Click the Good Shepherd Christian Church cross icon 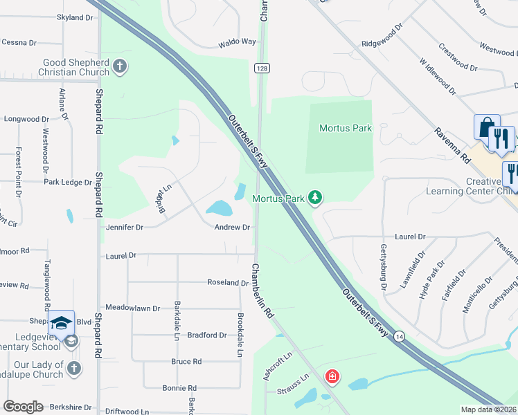[x=120, y=66]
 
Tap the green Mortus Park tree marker [x=315, y=199]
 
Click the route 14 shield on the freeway [x=400, y=336]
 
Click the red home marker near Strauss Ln [x=332, y=377]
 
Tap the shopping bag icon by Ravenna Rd [x=485, y=127]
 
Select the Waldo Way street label [x=237, y=42]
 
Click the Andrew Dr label [x=231, y=227]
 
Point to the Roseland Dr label [x=228, y=282]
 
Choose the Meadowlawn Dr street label [x=132, y=308]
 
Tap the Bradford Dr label [x=207, y=335]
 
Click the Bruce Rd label [x=186, y=361]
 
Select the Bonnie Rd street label [x=179, y=388]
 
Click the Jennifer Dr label [x=124, y=227]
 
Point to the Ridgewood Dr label [x=382, y=37]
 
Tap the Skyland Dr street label [x=75, y=17]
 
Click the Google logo [x=23, y=407]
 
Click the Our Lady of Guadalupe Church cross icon [x=73, y=369]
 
